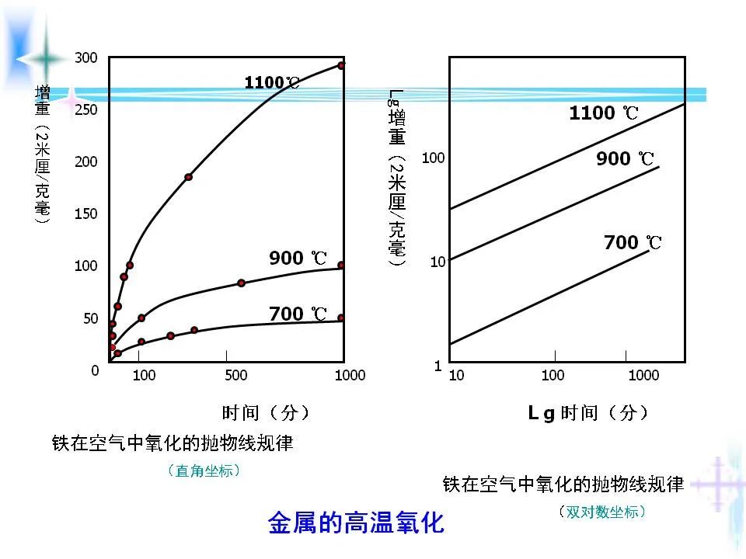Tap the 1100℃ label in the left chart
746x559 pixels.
tap(271, 82)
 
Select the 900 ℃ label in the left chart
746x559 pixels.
tap(298, 258)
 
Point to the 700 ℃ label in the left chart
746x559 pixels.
tap(298, 314)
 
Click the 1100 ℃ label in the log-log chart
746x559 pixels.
tap(604, 113)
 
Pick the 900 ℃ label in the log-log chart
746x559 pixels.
tap(626, 159)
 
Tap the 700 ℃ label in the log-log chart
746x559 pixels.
tap(633, 242)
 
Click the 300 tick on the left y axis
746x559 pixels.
tap(85, 57)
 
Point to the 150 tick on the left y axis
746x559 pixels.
tap(85, 214)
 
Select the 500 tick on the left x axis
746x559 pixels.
tap(235, 376)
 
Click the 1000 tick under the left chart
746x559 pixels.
tap(350, 376)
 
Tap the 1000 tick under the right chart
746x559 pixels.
tap(643, 376)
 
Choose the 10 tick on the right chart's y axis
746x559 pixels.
tap(437, 262)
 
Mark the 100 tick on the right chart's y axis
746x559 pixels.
tap(433, 158)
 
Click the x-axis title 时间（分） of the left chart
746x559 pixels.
tap(266, 412)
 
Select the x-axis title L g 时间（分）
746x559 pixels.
tap(587, 412)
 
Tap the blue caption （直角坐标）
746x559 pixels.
tap(204, 470)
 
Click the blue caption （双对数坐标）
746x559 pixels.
tap(602, 512)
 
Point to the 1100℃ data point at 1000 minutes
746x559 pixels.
tap(341, 65)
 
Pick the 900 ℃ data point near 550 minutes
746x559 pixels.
tap(241, 283)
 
